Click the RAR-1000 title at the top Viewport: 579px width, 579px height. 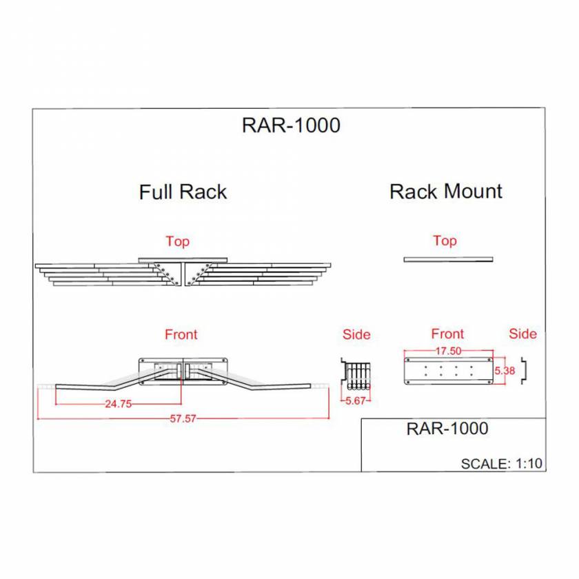click(291, 125)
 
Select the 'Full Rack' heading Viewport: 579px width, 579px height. click(183, 191)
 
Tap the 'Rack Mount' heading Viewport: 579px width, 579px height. click(446, 191)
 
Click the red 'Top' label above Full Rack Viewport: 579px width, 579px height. click(177, 241)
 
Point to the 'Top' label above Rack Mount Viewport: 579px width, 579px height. click(445, 241)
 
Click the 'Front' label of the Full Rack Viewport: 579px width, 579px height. click(181, 334)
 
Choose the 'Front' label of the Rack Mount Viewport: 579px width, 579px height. click(447, 334)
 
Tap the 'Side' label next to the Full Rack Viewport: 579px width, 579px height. click(356, 334)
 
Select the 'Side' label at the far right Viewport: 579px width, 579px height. click(522, 334)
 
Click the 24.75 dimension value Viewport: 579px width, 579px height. click(118, 405)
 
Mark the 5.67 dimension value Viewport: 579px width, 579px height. click(356, 400)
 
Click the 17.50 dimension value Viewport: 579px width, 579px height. click(447, 350)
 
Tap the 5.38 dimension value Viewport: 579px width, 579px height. click(505, 370)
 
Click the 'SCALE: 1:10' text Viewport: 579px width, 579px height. click(502, 463)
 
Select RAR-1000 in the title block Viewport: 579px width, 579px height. click(447, 428)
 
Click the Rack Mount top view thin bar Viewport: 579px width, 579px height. click(448, 259)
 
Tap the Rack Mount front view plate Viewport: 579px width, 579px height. click(447, 371)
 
